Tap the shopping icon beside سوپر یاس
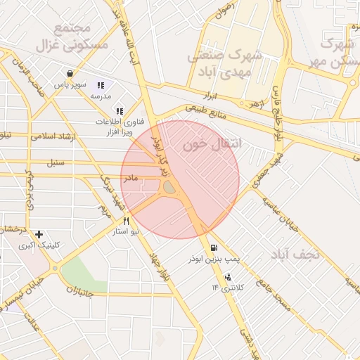(70, 73)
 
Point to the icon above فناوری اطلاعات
(119, 110)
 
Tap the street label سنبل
(56, 163)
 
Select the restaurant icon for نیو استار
(127, 220)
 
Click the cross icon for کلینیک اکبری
(38, 234)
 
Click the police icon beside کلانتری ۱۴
(226, 276)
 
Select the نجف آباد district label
(297, 254)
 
